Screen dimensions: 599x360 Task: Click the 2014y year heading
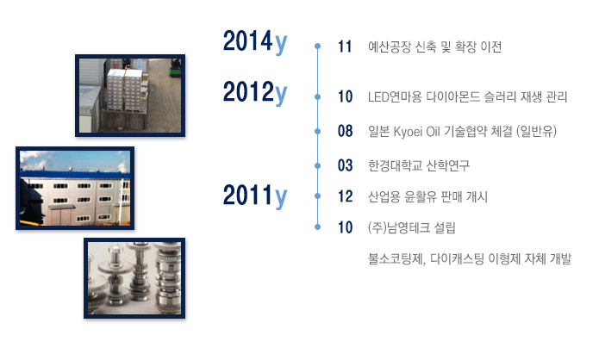[x=255, y=42]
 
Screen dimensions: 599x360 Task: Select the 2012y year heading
[x=255, y=93]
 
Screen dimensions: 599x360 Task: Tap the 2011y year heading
[x=255, y=196]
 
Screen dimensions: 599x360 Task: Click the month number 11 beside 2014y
[x=345, y=47]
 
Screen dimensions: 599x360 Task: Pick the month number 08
[x=345, y=131]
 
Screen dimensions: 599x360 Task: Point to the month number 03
[x=345, y=165]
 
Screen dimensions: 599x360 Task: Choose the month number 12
[x=345, y=196]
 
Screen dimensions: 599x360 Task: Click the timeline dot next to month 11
[x=317, y=47]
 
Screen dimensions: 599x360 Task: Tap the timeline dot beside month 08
[x=317, y=131]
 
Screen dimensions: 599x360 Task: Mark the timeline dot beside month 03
[x=317, y=165]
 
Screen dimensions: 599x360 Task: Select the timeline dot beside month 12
[x=317, y=196]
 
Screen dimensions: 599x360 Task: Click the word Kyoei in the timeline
[x=408, y=132]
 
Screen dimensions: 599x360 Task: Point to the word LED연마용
[x=395, y=97]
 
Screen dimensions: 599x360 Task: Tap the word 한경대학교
[x=395, y=165]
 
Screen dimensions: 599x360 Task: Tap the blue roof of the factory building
[x=75, y=175]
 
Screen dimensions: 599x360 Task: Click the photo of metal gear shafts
[x=134, y=278]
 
